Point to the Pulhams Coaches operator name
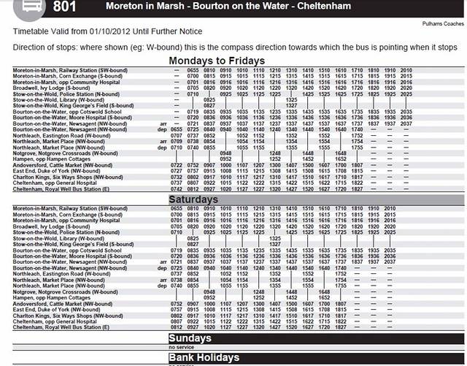(443, 23)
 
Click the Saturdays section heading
(193, 199)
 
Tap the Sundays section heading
(189, 338)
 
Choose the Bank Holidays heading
(204, 358)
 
